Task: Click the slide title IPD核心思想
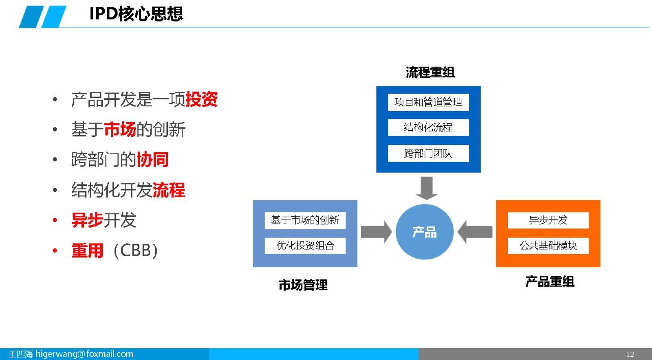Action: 136,14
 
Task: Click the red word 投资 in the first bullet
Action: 202,99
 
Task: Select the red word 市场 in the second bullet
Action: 120,130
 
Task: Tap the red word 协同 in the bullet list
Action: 152,160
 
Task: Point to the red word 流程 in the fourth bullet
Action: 169,190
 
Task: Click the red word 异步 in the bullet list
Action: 87,220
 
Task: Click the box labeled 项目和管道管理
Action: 428,102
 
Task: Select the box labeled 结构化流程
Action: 428,127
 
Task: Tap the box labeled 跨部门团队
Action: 428,154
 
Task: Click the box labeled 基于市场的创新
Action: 305,220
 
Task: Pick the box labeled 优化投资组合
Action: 305,246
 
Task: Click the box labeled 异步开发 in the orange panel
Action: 548,220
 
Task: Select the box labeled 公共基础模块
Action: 548,246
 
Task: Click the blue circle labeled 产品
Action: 425,232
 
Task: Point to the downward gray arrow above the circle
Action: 427,187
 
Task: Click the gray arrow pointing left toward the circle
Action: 475,232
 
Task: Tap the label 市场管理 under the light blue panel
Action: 303,285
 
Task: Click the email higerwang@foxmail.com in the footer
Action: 84,354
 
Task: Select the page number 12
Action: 630,354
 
